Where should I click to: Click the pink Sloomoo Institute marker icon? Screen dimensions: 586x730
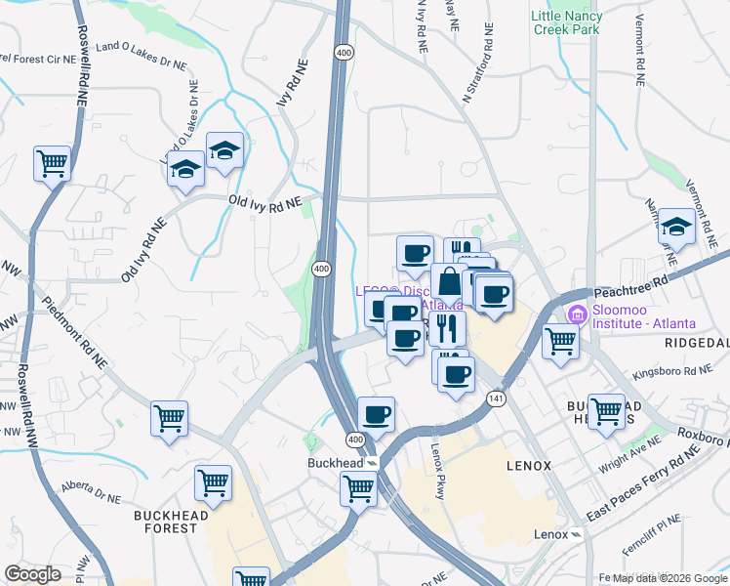(x=576, y=314)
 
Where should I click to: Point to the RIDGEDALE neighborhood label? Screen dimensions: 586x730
(x=697, y=344)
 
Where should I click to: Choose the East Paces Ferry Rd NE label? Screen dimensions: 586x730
(x=644, y=482)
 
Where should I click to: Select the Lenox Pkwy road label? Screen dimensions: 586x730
(x=438, y=472)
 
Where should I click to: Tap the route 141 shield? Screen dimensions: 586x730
(x=498, y=398)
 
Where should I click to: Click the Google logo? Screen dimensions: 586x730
(x=33, y=574)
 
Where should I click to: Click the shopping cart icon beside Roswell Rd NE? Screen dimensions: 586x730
(x=52, y=163)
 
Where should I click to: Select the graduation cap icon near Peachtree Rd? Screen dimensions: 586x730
(x=675, y=227)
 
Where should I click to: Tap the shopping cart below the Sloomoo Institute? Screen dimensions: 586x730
(x=560, y=342)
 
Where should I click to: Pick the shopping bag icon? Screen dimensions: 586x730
(x=449, y=282)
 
